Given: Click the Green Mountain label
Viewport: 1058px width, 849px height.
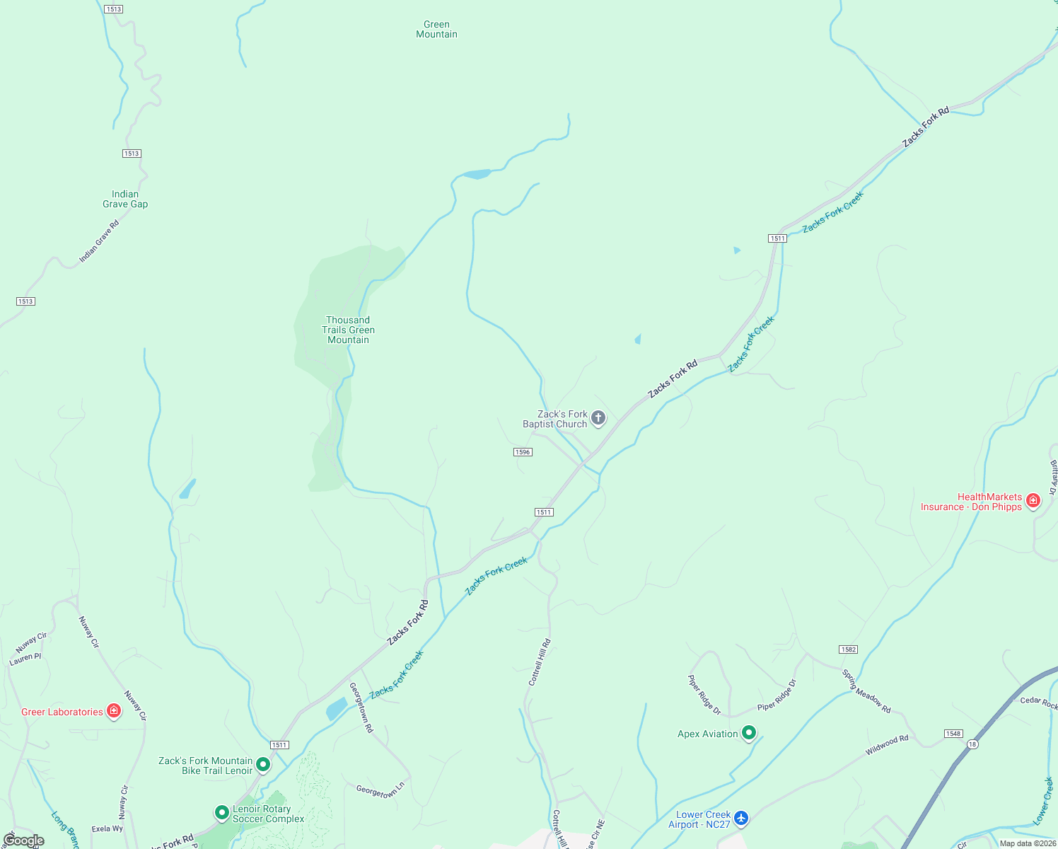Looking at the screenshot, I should [x=436, y=29].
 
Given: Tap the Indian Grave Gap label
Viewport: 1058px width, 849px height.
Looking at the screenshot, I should [x=125, y=199].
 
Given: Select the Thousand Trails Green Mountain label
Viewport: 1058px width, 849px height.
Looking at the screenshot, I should [x=348, y=330].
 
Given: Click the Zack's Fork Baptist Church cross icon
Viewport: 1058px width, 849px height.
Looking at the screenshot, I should [x=598, y=418].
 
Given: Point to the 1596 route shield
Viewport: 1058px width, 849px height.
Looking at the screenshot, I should [x=523, y=452].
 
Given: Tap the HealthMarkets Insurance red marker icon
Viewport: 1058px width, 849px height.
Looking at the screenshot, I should [x=1033, y=501].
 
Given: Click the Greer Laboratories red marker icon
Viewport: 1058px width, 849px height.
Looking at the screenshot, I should [x=114, y=711].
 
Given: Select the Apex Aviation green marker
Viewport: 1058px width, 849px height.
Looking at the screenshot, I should [x=749, y=733].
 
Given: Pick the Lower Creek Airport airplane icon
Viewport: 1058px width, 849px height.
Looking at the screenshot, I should [x=740, y=819].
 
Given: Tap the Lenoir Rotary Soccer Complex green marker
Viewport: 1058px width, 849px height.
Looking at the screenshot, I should [x=221, y=812].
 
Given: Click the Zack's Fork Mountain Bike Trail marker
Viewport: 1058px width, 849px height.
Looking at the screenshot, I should [x=263, y=764].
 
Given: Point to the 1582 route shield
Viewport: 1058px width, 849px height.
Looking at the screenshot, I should [x=849, y=649].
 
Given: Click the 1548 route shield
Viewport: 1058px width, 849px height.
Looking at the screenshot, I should [x=953, y=734].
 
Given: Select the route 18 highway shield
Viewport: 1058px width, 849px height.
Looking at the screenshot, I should [x=973, y=744].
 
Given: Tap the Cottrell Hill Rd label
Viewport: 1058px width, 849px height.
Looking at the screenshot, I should [x=540, y=662].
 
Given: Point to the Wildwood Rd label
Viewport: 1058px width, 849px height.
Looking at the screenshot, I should [x=887, y=745].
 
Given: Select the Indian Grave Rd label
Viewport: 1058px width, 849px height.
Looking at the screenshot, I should [x=99, y=241].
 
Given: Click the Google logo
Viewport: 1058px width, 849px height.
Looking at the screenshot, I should [x=23, y=841].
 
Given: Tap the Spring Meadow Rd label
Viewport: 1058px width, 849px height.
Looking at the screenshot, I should [x=866, y=691].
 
